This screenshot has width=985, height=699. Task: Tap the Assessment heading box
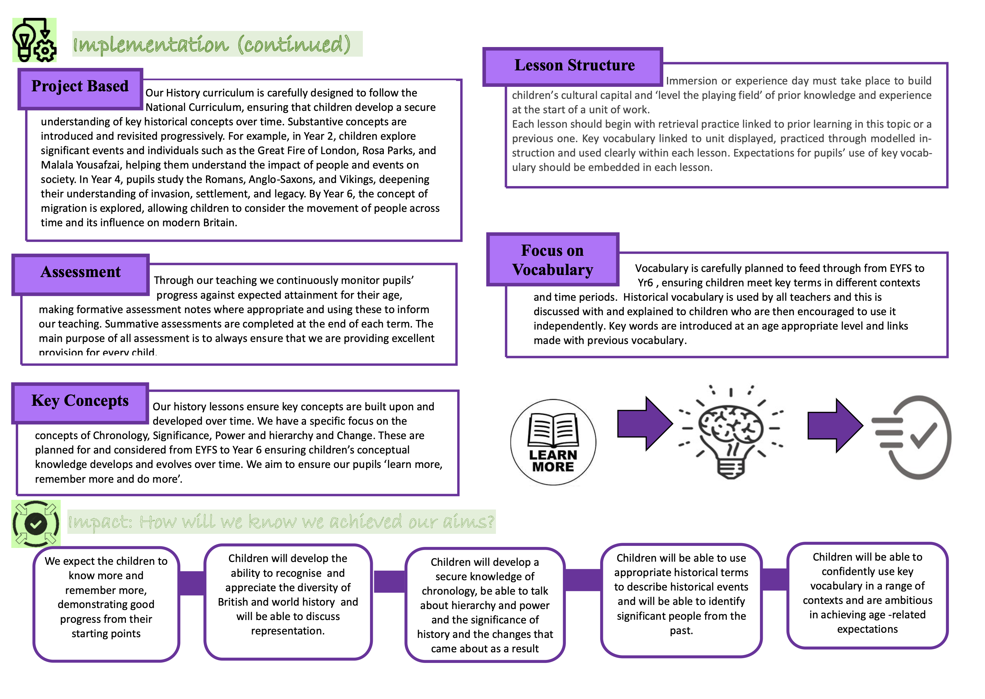(80, 275)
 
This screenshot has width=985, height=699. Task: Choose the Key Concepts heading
(80, 403)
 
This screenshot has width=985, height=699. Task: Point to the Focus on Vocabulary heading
(553, 260)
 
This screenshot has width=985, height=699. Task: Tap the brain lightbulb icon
(731, 432)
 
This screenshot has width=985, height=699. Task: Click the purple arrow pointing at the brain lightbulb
(645, 424)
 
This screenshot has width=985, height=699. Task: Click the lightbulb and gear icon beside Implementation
(34, 40)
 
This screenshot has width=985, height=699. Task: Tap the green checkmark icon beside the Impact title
(36, 524)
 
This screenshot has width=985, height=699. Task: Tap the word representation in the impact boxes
(288, 631)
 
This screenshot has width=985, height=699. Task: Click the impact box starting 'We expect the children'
(106, 604)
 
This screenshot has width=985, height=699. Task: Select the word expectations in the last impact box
(867, 629)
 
